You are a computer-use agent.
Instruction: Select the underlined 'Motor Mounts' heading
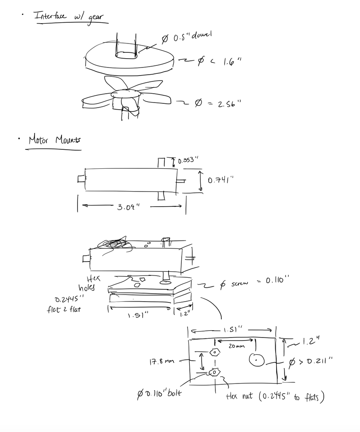click(54, 140)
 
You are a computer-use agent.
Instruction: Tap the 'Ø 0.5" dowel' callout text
click(186, 38)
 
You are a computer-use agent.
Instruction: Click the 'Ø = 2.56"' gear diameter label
click(217, 103)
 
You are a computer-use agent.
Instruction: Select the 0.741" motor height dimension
click(220, 180)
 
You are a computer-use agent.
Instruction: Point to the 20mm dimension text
click(236, 346)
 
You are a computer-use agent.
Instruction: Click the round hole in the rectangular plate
click(256, 360)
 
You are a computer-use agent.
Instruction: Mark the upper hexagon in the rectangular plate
click(215, 351)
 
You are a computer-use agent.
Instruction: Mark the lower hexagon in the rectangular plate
click(214, 373)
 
